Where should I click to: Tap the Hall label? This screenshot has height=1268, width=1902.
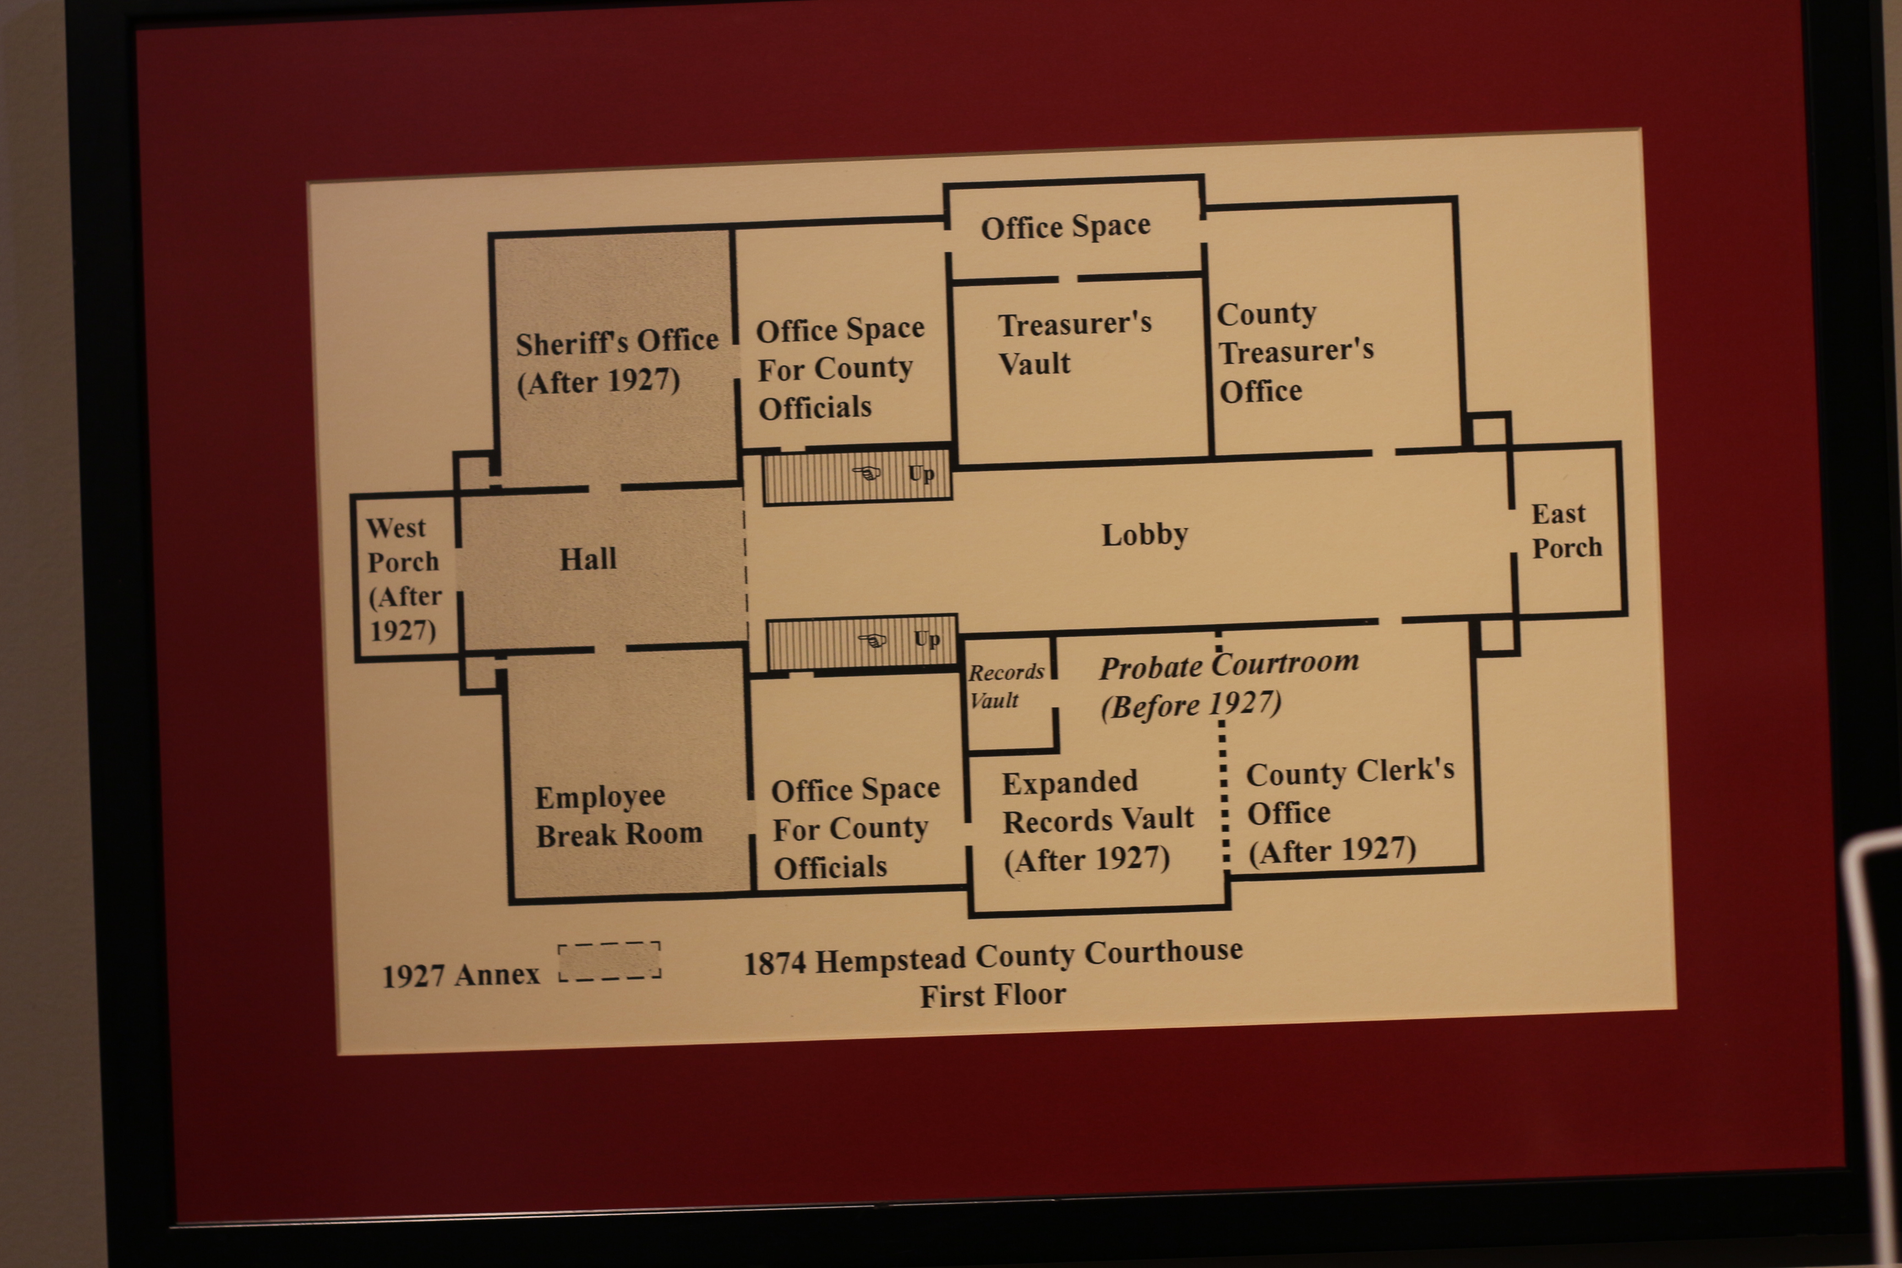pos(588,559)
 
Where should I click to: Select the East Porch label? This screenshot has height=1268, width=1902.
pos(1566,531)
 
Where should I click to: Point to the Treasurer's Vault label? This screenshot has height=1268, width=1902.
pos(1074,343)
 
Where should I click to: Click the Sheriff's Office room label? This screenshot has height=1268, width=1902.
pos(617,362)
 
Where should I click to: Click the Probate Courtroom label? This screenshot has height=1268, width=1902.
pos(1228,684)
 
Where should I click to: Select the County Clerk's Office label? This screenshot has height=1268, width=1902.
pos(1349,812)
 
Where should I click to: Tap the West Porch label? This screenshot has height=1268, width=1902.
pos(403,579)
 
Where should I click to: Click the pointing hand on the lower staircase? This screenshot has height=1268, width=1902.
pos(872,641)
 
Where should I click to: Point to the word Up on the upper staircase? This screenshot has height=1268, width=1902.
pos(921,474)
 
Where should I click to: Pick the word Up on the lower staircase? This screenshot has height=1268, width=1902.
pos(927,640)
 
